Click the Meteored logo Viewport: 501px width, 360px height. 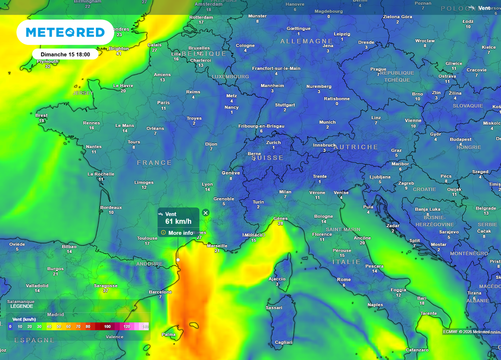point(65,32)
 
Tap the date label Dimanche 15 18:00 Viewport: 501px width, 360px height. point(65,54)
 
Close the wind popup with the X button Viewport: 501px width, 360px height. point(205,213)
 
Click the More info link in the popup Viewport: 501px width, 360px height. point(181,233)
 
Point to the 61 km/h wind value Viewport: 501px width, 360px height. point(178,222)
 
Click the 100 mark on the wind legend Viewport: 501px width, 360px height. point(107,326)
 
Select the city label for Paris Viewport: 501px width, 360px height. point(163,103)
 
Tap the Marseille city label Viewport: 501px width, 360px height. point(217,246)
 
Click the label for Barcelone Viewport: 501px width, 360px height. point(160,292)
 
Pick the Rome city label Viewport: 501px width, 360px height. point(344,280)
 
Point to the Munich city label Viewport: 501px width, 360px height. point(327,122)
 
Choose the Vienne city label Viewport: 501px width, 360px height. point(413,120)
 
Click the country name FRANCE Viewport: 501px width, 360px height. point(154,163)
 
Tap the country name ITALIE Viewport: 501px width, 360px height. point(346,262)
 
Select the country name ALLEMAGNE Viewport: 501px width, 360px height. point(306,42)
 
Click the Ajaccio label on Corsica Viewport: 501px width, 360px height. point(277,279)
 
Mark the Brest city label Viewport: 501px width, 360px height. point(42,115)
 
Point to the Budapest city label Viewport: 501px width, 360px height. point(460,139)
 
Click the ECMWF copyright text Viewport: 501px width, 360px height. point(466,332)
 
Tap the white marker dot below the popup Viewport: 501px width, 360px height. point(178,260)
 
